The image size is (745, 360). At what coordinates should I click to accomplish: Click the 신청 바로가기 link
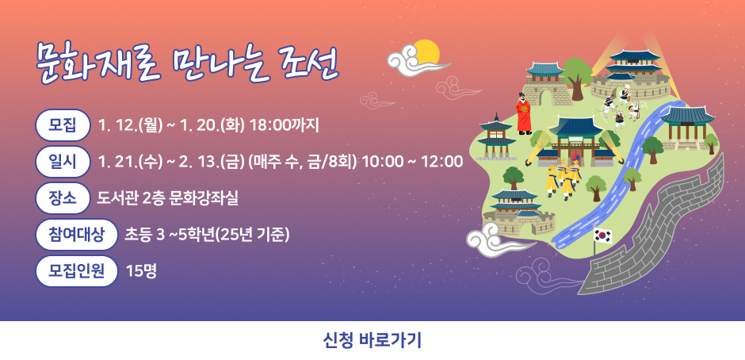[372, 341]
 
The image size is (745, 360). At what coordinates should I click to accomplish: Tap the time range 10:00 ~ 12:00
[413, 162]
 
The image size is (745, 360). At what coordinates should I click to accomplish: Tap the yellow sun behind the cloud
[426, 52]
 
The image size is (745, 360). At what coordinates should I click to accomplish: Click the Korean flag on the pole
[602, 236]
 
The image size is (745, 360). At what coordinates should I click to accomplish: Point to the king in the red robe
[524, 115]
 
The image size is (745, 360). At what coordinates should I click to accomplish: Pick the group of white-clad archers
[617, 107]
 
